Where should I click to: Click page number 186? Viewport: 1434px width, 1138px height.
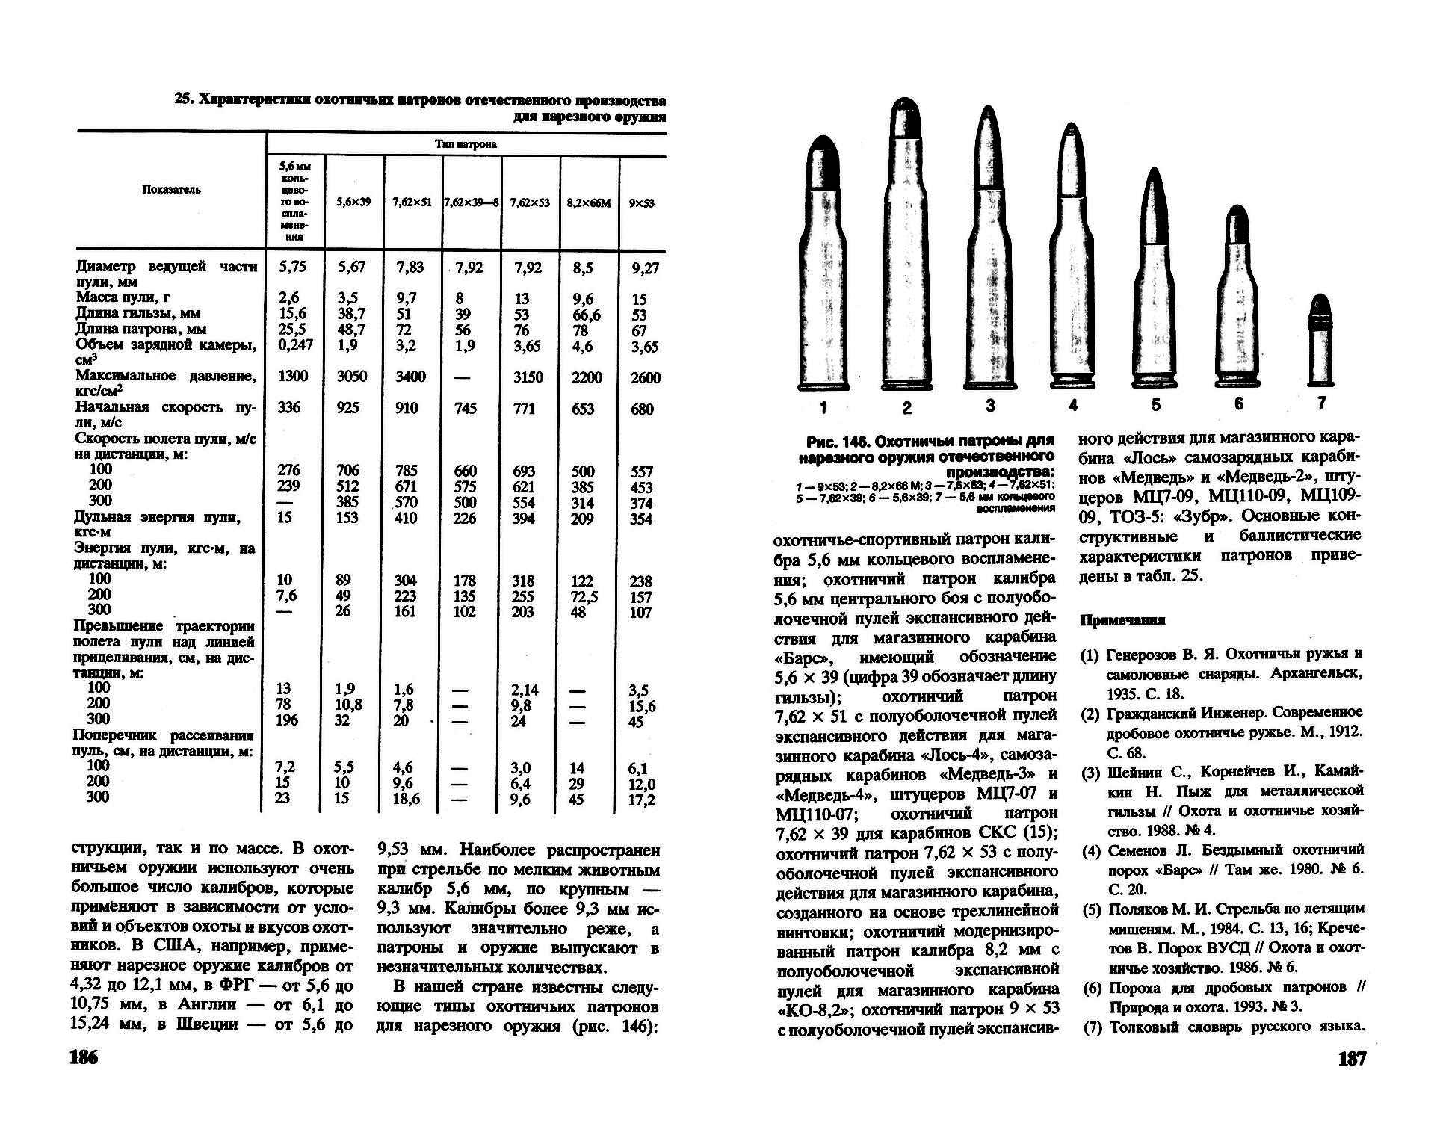[x=84, y=1057]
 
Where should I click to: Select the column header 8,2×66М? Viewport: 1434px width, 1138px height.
[x=589, y=202]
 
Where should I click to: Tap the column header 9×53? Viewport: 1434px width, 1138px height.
[x=641, y=202]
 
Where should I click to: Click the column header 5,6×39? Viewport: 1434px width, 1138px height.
[x=353, y=202]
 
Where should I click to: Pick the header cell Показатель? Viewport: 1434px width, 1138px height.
[x=171, y=190]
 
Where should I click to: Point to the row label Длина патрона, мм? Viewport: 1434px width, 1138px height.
[x=140, y=329]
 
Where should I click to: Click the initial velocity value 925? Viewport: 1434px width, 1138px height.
[x=347, y=408]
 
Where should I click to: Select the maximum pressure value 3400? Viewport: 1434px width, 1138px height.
[x=410, y=377]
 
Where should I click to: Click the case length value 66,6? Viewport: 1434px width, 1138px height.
[x=587, y=315]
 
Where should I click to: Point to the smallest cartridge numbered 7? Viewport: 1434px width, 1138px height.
[x=1321, y=341]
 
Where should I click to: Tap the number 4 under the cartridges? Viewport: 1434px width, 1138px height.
[x=1073, y=406]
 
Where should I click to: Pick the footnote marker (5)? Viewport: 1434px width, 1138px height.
[x=1092, y=909]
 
